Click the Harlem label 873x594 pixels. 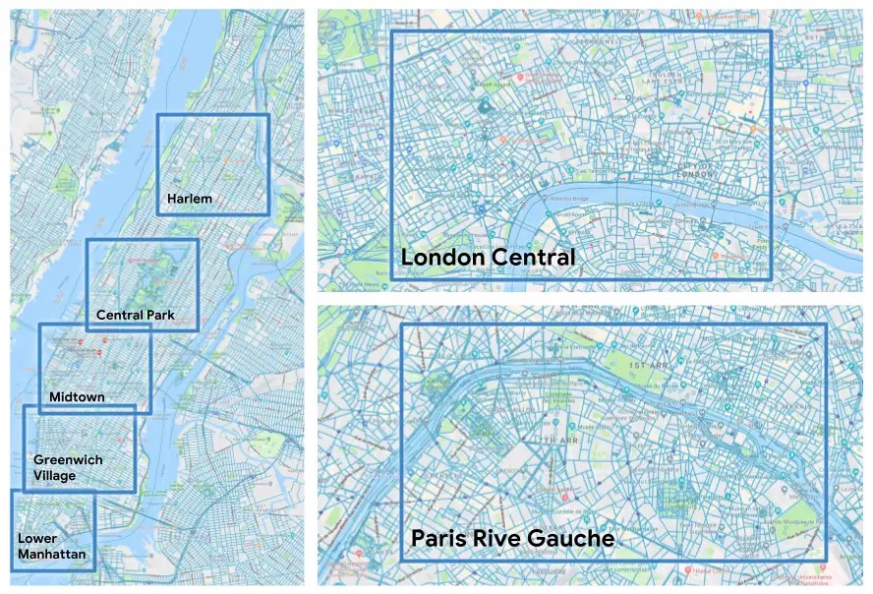[190, 199]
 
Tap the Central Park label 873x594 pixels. [136, 316]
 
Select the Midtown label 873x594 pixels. [77, 397]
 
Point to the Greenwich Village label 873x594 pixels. [68, 467]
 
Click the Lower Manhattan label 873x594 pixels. [51, 547]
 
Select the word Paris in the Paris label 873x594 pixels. [436, 540]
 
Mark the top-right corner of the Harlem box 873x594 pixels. [268, 115]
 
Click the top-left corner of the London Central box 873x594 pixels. [392, 31]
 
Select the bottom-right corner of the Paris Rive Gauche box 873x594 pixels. [825, 560]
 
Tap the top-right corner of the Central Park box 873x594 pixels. [198, 240]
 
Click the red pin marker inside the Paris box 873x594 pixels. [564, 497]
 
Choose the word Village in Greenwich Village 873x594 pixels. [54, 475]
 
